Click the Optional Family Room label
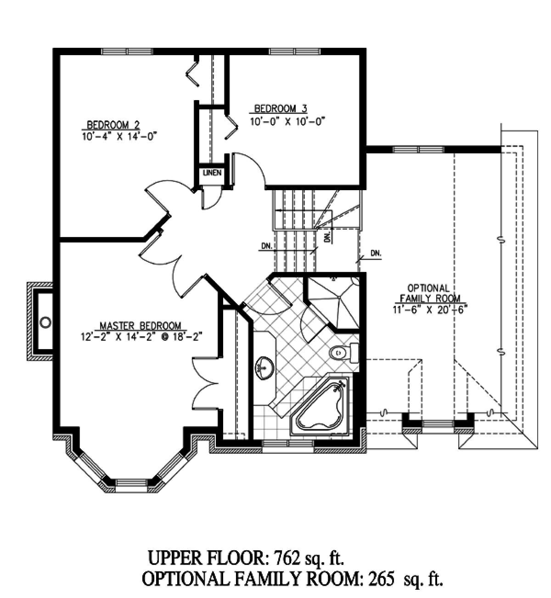point(428,293)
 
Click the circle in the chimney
point(45,322)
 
